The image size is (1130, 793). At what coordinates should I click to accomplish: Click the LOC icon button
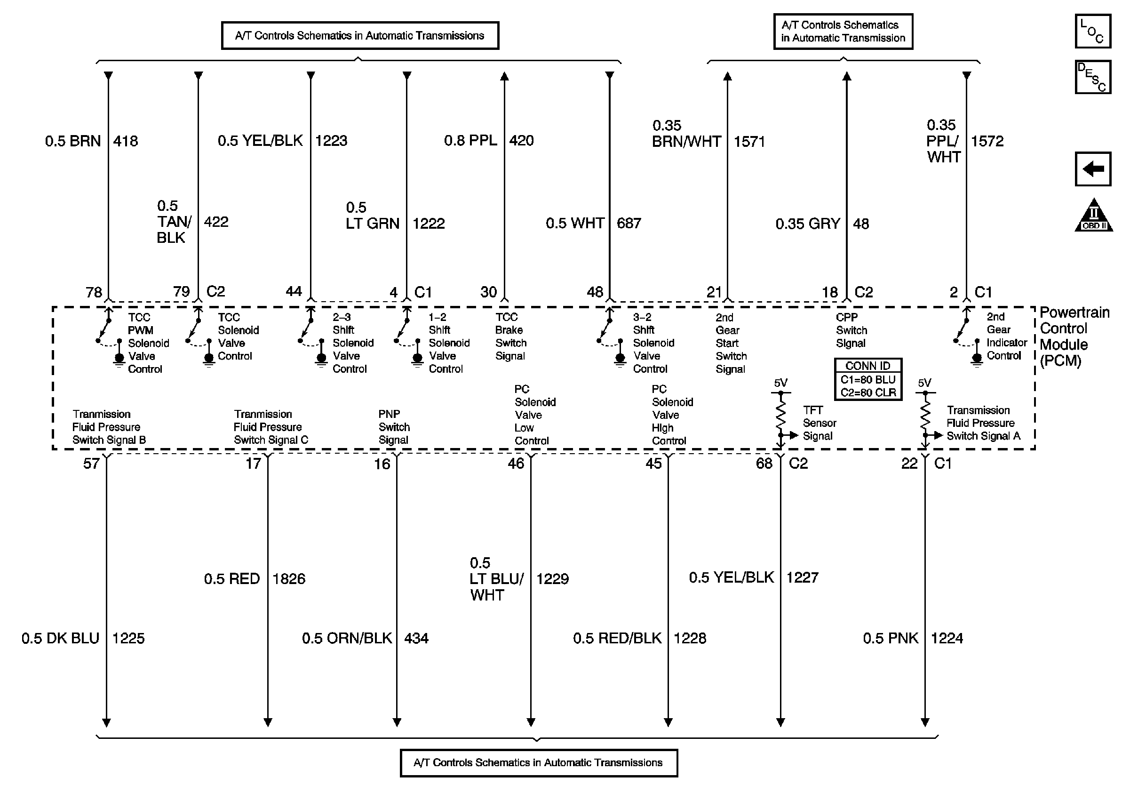pos(1092,31)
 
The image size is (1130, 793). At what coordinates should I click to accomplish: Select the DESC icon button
pos(1092,77)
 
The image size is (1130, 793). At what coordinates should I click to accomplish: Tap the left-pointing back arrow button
pos(1092,169)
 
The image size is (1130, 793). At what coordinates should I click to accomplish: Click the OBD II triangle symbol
pos(1094,216)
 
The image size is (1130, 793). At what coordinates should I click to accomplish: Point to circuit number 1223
pos(331,141)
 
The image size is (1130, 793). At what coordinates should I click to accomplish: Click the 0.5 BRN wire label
pos(73,141)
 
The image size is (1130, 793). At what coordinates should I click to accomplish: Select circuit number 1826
pos(289,578)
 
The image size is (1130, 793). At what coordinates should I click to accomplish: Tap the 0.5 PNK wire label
pos(891,638)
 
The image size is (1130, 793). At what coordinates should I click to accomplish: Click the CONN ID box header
pos(867,366)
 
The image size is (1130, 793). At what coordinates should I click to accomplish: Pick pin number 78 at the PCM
pos(94,292)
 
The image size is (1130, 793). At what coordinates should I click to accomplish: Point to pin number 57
pos(92,464)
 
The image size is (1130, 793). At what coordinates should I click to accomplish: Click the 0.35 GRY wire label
pos(808,224)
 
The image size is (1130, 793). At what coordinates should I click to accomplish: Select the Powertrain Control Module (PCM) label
pos(1074,336)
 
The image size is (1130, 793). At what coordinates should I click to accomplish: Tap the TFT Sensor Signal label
pos(820,423)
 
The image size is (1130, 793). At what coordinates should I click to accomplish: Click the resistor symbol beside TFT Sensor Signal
pos(780,414)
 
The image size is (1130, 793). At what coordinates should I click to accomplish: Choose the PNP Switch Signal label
pos(394,427)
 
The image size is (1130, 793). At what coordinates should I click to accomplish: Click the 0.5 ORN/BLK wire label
pos(347,639)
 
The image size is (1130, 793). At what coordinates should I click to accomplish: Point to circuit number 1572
pos(987,141)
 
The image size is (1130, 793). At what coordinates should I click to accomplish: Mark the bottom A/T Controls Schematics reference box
pos(539,762)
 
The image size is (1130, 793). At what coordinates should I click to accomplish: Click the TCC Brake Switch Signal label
pos(510,336)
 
